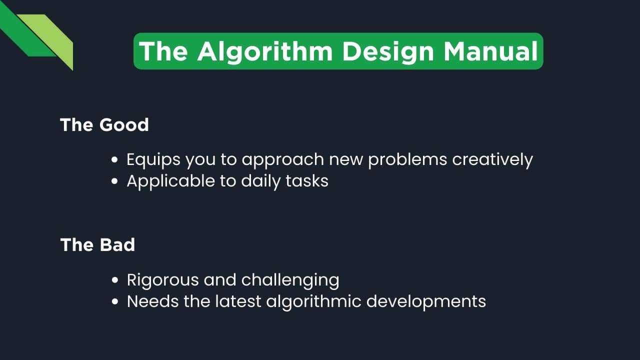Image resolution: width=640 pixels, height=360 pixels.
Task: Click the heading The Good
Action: pos(104,124)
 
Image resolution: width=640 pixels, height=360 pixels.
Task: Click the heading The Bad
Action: pos(97,244)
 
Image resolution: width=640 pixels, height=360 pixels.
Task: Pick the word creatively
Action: pos(492,159)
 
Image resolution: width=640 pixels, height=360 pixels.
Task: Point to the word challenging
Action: pos(290,280)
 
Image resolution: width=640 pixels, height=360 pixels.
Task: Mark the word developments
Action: pos(435,301)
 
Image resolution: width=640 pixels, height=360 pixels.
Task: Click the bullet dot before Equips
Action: pos(115,160)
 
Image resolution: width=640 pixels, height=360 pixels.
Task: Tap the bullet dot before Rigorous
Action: pos(115,280)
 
